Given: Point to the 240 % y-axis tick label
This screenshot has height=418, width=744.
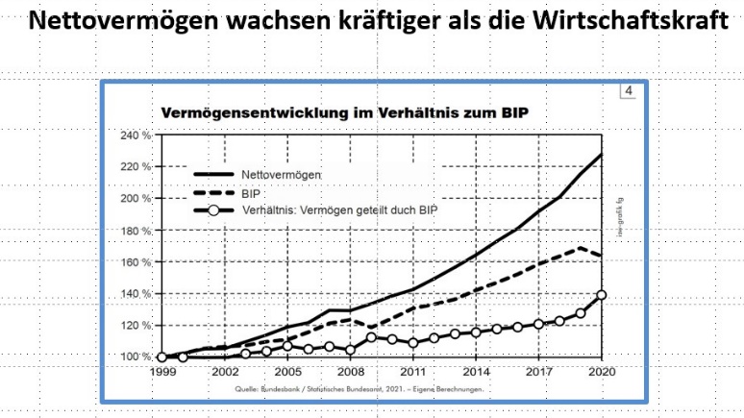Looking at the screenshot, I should pos(136,135).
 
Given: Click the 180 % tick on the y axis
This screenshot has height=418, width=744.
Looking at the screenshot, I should pos(136,231).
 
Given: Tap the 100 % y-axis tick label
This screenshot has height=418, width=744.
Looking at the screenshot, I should pos(136,357).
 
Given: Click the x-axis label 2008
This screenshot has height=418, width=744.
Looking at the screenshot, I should pos(351,370).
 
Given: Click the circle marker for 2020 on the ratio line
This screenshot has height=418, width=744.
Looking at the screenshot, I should pos(602,295).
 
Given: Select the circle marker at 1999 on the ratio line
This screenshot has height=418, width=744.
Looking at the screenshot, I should pos(161,357).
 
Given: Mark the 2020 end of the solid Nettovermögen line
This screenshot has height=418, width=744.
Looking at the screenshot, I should pos(602,155).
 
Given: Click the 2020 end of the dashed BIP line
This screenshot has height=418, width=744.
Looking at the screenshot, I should pos(602,256).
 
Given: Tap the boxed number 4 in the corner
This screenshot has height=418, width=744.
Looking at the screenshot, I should pos(628,92).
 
